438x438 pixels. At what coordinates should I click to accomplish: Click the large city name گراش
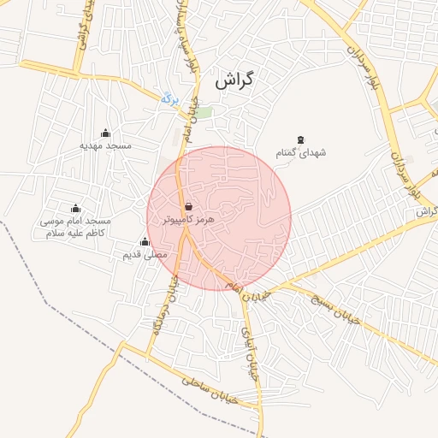click(236, 82)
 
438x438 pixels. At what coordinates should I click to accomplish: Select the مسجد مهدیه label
click(106, 145)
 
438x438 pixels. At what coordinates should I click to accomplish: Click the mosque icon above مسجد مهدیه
click(105, 133)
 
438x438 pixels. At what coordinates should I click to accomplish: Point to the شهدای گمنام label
click(300, 151)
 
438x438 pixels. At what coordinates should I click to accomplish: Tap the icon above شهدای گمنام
click(299, 139)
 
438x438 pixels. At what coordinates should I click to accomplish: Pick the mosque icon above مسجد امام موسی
click(75, 208)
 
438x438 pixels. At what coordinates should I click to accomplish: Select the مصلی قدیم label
click(145, 254)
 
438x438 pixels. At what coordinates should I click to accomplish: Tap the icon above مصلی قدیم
click(144, 241)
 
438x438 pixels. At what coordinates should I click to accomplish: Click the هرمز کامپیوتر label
click(188, 219)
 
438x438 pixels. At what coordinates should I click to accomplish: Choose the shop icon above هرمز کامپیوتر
click(188, 206)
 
